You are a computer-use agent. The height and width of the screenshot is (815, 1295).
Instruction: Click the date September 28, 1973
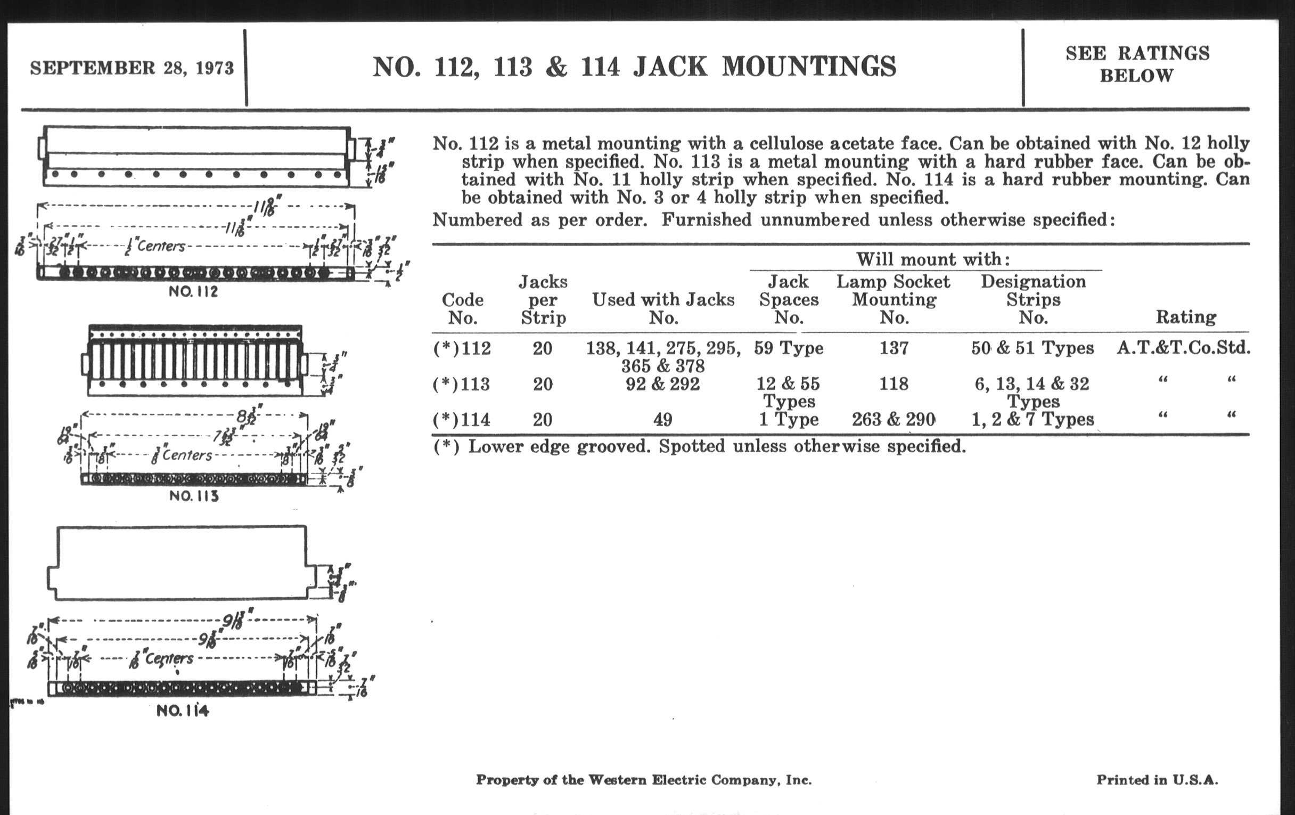(132, 68)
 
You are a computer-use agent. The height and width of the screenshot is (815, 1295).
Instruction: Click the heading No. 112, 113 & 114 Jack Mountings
(634, 67)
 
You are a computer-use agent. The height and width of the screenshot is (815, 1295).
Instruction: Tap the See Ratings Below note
(1137, 64)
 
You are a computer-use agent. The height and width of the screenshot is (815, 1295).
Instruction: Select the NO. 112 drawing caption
(193, 291)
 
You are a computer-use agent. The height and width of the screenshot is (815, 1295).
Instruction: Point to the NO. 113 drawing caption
(194, 495)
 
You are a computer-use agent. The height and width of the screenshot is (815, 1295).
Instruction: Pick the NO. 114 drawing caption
(182, 711)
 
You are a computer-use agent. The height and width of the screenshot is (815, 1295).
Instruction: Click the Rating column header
(1186, 317)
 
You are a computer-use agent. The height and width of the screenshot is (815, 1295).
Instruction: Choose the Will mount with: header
(932, 259)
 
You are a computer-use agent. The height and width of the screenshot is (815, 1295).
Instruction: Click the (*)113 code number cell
(462, 384)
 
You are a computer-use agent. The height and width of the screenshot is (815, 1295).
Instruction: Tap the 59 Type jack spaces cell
(789, 348)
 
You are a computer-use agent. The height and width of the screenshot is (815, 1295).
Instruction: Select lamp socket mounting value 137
(894, 348)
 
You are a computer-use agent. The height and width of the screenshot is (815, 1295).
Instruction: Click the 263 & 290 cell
(894, 419)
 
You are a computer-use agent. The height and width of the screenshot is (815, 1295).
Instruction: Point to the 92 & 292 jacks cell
(662, 384)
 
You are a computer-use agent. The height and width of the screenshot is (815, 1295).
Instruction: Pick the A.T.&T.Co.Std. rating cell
(1183, 348)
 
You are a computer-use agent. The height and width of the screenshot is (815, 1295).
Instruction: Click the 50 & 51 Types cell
(1032, 348)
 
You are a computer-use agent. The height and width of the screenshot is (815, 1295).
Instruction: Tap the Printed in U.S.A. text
(1157, 779)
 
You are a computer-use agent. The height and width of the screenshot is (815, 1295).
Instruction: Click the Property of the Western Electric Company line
(643, 779)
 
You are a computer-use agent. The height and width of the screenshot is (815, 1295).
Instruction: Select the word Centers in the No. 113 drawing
(186, 455)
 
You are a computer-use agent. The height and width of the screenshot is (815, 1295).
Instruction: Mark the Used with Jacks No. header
(663, 308)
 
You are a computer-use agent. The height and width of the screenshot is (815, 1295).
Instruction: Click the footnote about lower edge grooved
(699, 446)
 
